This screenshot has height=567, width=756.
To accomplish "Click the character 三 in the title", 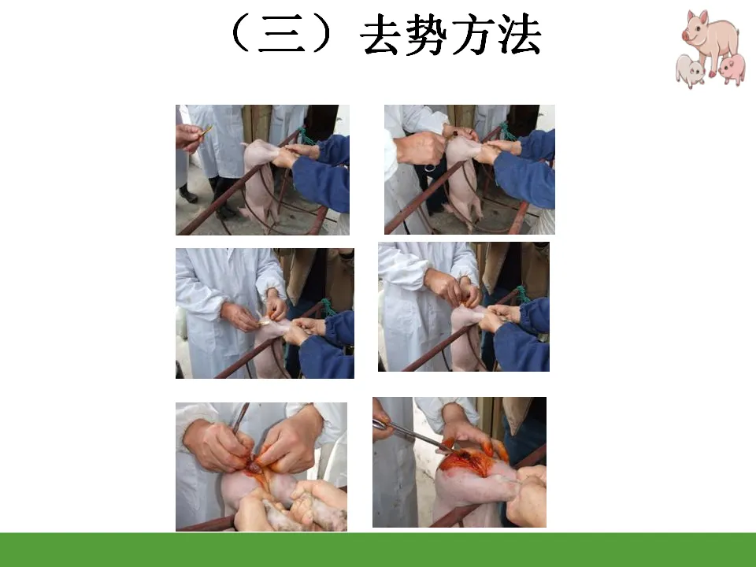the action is [282, 34].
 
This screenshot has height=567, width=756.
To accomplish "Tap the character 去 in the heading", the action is [380, 35].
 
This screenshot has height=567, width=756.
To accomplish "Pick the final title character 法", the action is [519, 35].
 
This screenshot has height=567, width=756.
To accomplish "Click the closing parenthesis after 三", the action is [324, 35].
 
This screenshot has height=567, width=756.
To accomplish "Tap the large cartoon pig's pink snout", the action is [687, 35].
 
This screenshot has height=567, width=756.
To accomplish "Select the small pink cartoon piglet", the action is [732, 69].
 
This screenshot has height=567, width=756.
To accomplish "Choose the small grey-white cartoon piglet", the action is [691, 71].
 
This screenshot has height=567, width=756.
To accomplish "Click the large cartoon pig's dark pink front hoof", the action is [712, 74].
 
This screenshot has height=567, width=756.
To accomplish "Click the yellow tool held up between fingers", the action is [207, 130].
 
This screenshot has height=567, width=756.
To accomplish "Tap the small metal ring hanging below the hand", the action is [431, 168].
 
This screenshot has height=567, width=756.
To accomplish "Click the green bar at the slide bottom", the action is [378, 550].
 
